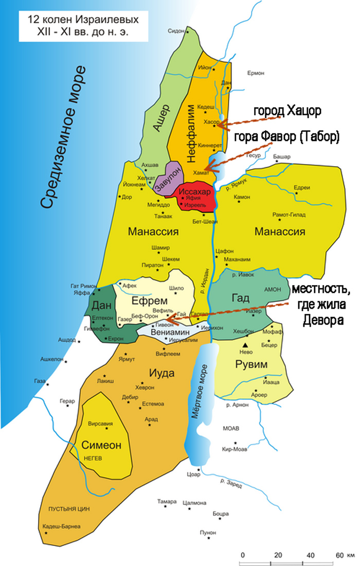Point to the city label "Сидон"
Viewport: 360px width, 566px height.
click(176, 31)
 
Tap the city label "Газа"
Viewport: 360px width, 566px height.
click(40, 381)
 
